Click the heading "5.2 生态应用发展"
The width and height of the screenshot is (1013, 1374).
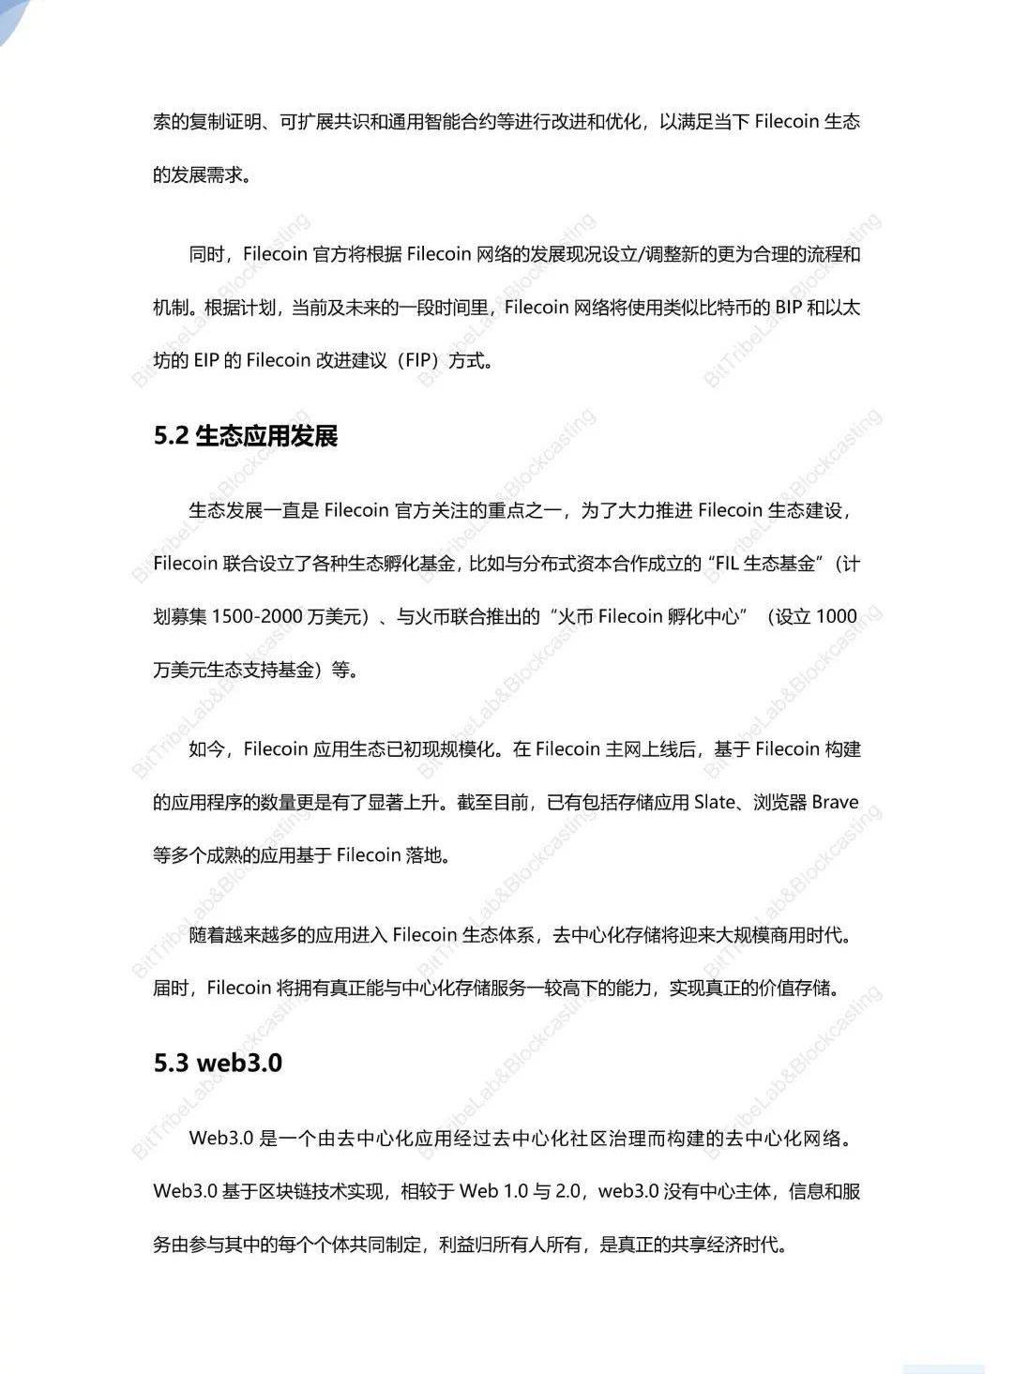tap(246, 436)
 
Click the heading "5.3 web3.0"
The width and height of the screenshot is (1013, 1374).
tap(218, 1063)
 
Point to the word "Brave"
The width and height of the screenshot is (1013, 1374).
tap(835, 803)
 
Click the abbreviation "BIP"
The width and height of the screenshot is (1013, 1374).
tap(789, 308)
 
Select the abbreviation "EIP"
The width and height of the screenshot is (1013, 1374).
tap(205, 361)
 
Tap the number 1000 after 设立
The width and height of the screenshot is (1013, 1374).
tap(837, 617)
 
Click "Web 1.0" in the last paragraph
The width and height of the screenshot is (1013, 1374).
tap(493, 1192)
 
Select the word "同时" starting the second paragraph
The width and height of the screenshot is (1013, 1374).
tap(207, 254)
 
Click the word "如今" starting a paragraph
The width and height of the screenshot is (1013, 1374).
tap(207, 749)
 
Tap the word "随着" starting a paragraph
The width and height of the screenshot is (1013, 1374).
tap(207, 935)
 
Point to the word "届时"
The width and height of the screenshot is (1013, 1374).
tap(171, 989)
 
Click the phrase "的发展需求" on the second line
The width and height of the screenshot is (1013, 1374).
tap(197, 175)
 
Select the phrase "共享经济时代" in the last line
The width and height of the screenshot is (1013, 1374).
tap(728, 1246)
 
